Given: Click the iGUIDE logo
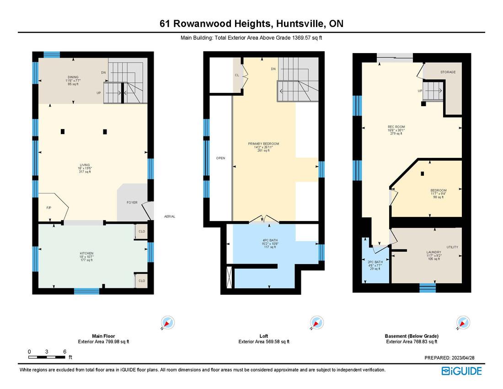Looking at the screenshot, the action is point(461,371).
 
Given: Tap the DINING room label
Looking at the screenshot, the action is point(72,77).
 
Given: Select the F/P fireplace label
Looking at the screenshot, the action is point(49,208).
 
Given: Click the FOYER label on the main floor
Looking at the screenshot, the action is point(132,202).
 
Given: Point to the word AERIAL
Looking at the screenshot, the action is point(170,216).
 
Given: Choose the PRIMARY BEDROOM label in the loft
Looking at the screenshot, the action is point(263,144).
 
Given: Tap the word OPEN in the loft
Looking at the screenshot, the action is point(221,158).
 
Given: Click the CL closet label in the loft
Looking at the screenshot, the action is point(237,75).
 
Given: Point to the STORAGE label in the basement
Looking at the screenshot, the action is point(448,72).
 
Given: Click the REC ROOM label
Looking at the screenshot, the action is point(396,127).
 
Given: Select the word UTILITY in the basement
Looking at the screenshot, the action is point(452,247).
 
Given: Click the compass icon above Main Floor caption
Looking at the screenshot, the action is point(167,323).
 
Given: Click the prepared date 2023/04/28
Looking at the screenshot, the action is point(462,358).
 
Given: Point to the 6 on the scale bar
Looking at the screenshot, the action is point(65,351).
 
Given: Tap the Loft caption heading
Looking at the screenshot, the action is point(264,336).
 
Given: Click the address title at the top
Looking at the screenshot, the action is point(251,23).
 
